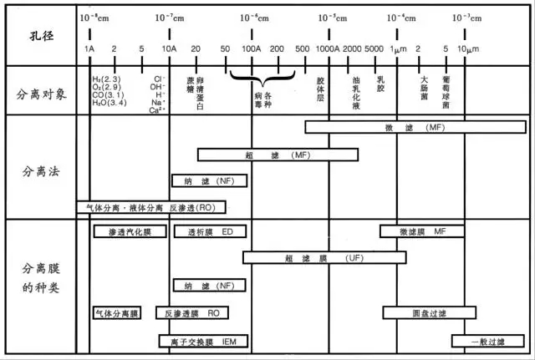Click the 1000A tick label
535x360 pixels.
tap(325, 49)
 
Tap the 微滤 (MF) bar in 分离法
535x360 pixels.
tap(415, 127)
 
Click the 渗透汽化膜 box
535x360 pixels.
tap(120, 231)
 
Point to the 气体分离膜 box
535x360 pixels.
tap(117, 312)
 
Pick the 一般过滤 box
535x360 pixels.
tap(488, 341)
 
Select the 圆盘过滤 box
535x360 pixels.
tap(430, 312)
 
